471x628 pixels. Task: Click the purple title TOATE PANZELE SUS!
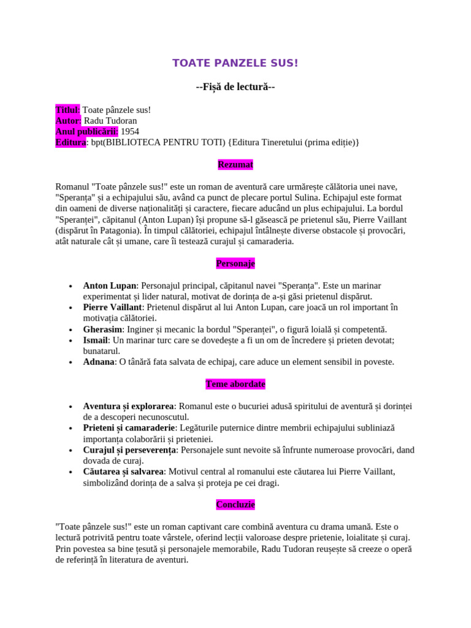[x=235, y=63]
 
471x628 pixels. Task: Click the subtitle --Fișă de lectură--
[x=235, y=87]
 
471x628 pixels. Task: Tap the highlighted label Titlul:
[x=67, y=110]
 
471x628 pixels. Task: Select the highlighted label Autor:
[x=68, y=121]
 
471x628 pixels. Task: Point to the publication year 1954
[x=130, y=132]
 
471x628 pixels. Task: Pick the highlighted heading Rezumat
[x=235, y=165]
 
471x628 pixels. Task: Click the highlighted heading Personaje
[x=235, y=264]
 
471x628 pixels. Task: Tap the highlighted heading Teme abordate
[x=235, y=385]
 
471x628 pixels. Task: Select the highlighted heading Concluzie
[x=235, y=505]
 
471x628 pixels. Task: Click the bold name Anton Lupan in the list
[x=109, y=286]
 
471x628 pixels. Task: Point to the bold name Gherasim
[x=102, y=330]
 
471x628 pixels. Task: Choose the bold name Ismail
[x=96, y=340]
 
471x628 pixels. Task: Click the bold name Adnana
[x=99, y=362]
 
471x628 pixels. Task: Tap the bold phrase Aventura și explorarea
[x=129, y=407]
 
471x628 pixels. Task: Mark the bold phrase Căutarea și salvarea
[x=123, y=472]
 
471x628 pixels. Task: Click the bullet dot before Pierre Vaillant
[x=72, y=308]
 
